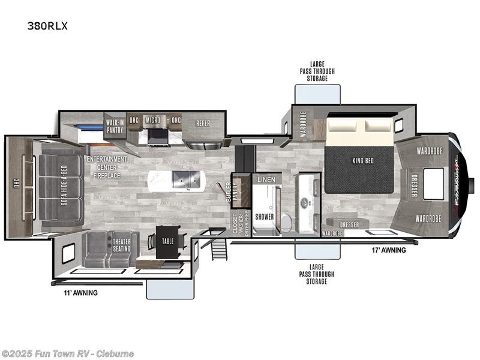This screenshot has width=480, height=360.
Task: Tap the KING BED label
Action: (359, 160)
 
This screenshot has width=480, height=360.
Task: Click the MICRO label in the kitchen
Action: (152, 120)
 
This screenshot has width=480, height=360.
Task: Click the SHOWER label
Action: (265, 217)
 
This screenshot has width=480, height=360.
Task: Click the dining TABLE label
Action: (167, 241)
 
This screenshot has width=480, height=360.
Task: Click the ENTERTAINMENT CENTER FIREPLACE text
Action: (107, 167)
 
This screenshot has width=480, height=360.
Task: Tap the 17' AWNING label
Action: (389, 250)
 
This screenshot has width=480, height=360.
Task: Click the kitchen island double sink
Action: (186, 178)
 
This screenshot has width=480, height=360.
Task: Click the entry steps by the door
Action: (220, 245)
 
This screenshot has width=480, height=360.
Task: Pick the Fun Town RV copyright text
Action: (68, 353)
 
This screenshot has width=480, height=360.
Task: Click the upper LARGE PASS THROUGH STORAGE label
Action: (318, 71)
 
